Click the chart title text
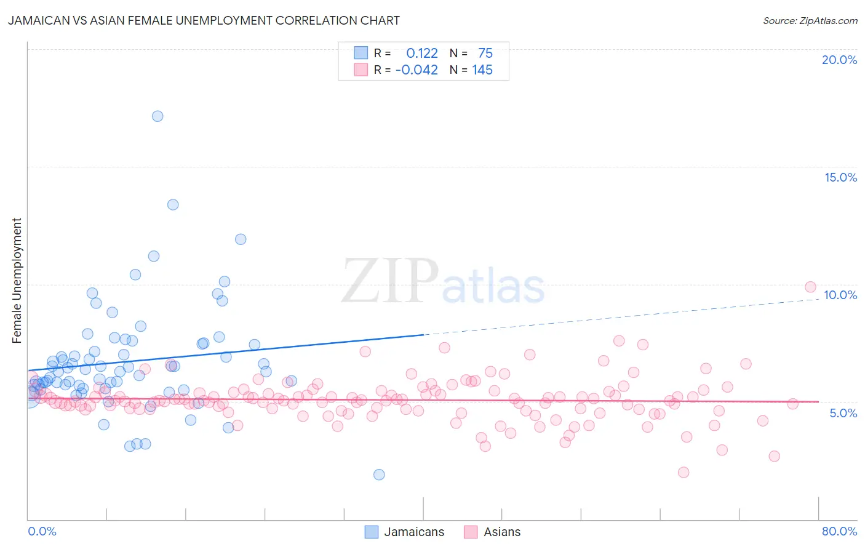[204, 21]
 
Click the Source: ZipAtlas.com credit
[810, 21]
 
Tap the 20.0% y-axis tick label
[839, 60]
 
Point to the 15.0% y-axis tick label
[840, 177]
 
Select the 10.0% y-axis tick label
[840, 295]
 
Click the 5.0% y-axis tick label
[843, 413]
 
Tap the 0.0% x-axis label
[42, 531]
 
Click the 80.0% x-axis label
[839, 531]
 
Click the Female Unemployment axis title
[17, 281]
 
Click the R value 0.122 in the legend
[422, 54]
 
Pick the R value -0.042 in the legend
[417, 70]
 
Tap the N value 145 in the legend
[482, 70]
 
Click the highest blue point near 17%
[157, 116]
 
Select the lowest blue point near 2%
[379, 475]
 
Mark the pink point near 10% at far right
[810, 287]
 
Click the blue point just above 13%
[173, 204]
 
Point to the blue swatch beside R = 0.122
[361, 54]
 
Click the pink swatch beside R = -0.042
[361, 70]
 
